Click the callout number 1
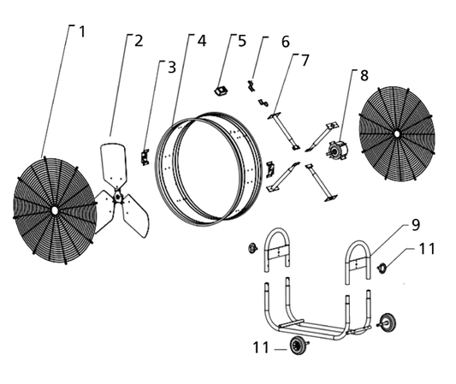[82, 32]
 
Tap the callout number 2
[139, 41]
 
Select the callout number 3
[172, 68]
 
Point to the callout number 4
[202, 41]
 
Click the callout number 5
[242, 41]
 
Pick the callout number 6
[286, 42]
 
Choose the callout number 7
[305, 60]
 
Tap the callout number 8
[364, 75]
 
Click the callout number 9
[416, 225]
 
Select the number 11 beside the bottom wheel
[261, 347]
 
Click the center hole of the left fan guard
[54, 210]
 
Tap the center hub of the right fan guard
[396, 133]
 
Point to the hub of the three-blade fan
[117, 197]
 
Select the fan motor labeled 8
[337, 150]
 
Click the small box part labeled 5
[221, 91]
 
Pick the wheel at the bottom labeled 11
[297, 346]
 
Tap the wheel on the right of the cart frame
[388, 321]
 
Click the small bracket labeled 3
[145, 157]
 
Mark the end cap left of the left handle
[252, 248]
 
